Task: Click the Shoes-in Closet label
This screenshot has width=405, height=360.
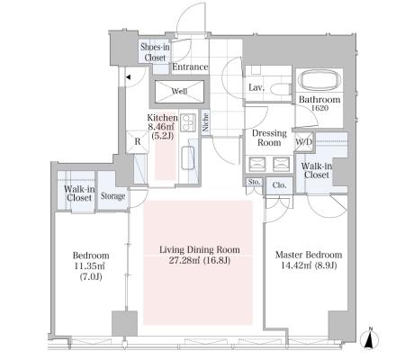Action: point(155,52)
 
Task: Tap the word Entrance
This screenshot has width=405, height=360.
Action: point(190,67)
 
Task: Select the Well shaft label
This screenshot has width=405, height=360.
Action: point(179,91)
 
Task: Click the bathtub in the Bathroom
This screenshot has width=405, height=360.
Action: point(320,80)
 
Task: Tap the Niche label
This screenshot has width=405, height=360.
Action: point(205,122)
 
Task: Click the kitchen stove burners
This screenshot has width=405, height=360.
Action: point(188,122)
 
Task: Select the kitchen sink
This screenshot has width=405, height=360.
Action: point(188,158)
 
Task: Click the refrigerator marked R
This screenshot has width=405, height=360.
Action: point(138,141)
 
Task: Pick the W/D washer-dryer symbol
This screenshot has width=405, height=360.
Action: point(304,142)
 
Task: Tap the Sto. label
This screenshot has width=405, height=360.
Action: point(254,182)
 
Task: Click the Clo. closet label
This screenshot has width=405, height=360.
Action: point(279,185)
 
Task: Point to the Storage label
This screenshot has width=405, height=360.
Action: point(112,196)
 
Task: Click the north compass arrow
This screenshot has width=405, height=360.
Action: point(371,338)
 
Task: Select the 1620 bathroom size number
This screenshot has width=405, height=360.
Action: point(319,109)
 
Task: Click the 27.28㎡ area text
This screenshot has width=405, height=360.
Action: point(183,261)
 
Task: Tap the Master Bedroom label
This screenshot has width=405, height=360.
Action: point(309,255)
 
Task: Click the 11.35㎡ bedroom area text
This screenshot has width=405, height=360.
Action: point(91,266)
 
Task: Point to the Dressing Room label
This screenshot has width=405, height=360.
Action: point(269,138)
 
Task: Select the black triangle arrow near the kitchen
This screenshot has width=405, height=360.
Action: point(128,77)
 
